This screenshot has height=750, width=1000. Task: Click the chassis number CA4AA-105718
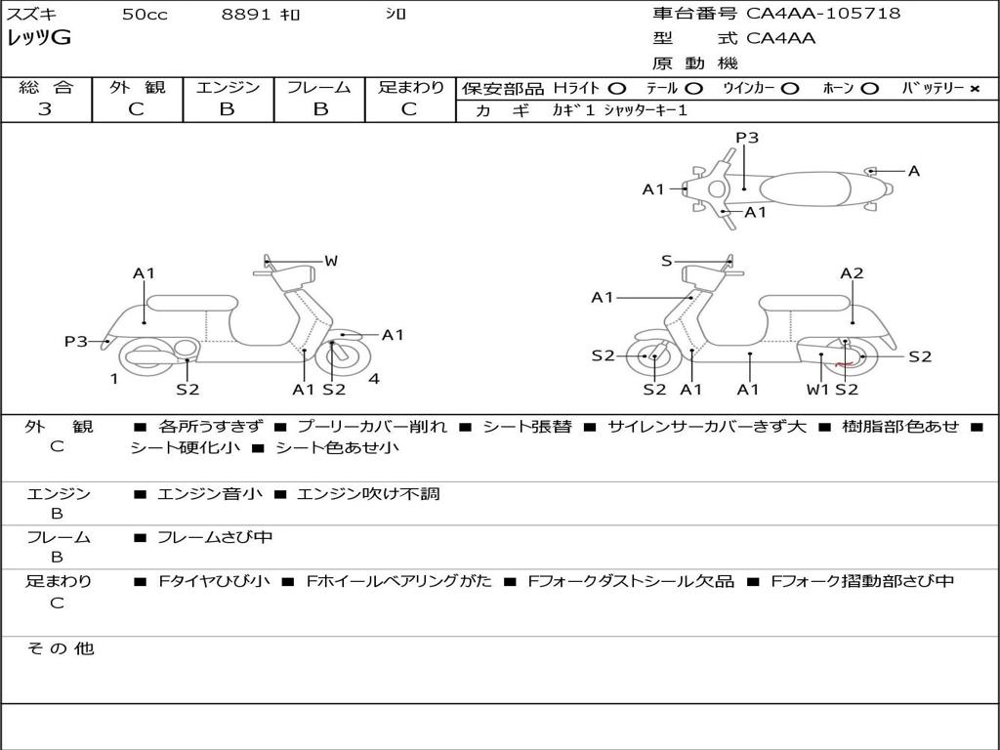pyautogui.click(x=823, y=14)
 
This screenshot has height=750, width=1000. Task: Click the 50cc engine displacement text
pyautogui.click(x=145, y=15)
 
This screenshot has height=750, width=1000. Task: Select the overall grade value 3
pyautogui.click(x=45, y=109)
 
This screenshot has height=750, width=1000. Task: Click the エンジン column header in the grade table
pyautogui.click(x=228, y=87)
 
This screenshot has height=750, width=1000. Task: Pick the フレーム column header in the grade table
pyautogui.click(x=318, y=87)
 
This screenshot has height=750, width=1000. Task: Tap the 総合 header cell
pyautogui.click(x=46, y=87)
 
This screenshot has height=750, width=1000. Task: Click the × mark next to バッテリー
pyautogui.click(x=974, y=89)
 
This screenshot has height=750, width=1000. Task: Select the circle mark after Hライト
pyautogui.click(x=617, y=89)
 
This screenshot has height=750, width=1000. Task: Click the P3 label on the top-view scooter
pyautogui.click(x=747, y=138)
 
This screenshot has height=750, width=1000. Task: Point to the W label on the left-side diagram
pyautogui.click(x=331, y=261)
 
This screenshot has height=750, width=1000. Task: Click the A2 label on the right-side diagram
pyautogui.click(x=852, y=273)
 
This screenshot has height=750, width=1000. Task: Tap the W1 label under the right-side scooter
pyautogui.click(x=816, y=390)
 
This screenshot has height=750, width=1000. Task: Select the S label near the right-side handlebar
pyautogui.click(x=666, y=261)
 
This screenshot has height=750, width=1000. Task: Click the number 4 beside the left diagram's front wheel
pyautogui.click(x=374, y=379)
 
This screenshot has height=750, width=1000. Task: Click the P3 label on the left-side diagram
pyautogui.click(x=76, y=342)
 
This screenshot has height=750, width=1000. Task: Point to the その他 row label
pyautogui.click(x=60, y=648)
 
